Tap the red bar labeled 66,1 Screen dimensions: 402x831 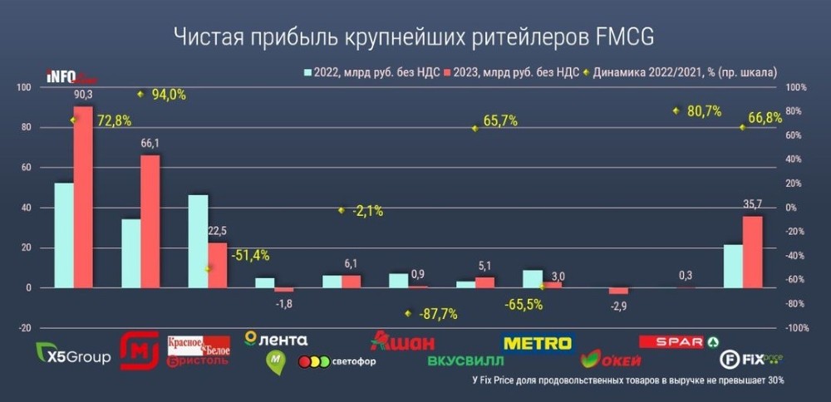[x=150, y=221]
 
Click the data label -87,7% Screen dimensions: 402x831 [x=438, y=314]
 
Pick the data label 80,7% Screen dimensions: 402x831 [x=703, y=110]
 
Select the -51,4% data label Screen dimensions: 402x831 [x=250, y=255]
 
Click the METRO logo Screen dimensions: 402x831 [x=538, y=342]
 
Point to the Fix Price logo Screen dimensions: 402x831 [x=751, y=359]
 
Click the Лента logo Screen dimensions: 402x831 [x=277, y=339]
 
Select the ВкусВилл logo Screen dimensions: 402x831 [x=465, y=361]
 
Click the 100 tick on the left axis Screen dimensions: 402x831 [x=23, y=87]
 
